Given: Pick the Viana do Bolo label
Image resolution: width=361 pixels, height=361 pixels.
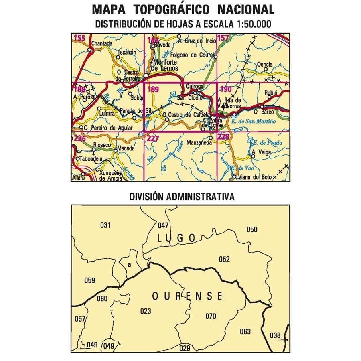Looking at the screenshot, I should click(253, 177).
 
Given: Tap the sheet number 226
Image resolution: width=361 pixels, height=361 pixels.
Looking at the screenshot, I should click(80, 138).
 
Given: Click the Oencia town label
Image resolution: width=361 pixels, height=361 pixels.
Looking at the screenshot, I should click(265, 64).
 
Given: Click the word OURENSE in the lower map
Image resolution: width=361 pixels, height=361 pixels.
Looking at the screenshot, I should click(187, 296).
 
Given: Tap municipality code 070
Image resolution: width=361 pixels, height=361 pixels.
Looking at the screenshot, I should click(211, 316).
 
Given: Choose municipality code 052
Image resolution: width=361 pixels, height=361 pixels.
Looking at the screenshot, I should click(224, 259).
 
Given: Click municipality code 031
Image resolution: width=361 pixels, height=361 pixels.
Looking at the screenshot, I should click(105, 225).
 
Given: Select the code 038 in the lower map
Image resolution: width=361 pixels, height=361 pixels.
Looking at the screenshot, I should click(275, 335).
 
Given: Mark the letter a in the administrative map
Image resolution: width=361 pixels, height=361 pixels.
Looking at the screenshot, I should click(129, 265).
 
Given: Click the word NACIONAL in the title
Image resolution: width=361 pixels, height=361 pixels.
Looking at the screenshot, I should click(246, 9).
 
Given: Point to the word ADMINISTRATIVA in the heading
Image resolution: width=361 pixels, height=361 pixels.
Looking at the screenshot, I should click(203, 197).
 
